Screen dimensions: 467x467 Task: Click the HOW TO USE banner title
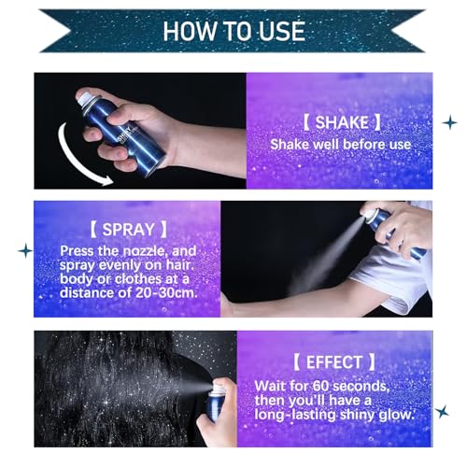[x=233, y=29]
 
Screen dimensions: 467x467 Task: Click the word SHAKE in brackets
[x=334, y=122]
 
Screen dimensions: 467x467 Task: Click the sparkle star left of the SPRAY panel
[x=25, y=250]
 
